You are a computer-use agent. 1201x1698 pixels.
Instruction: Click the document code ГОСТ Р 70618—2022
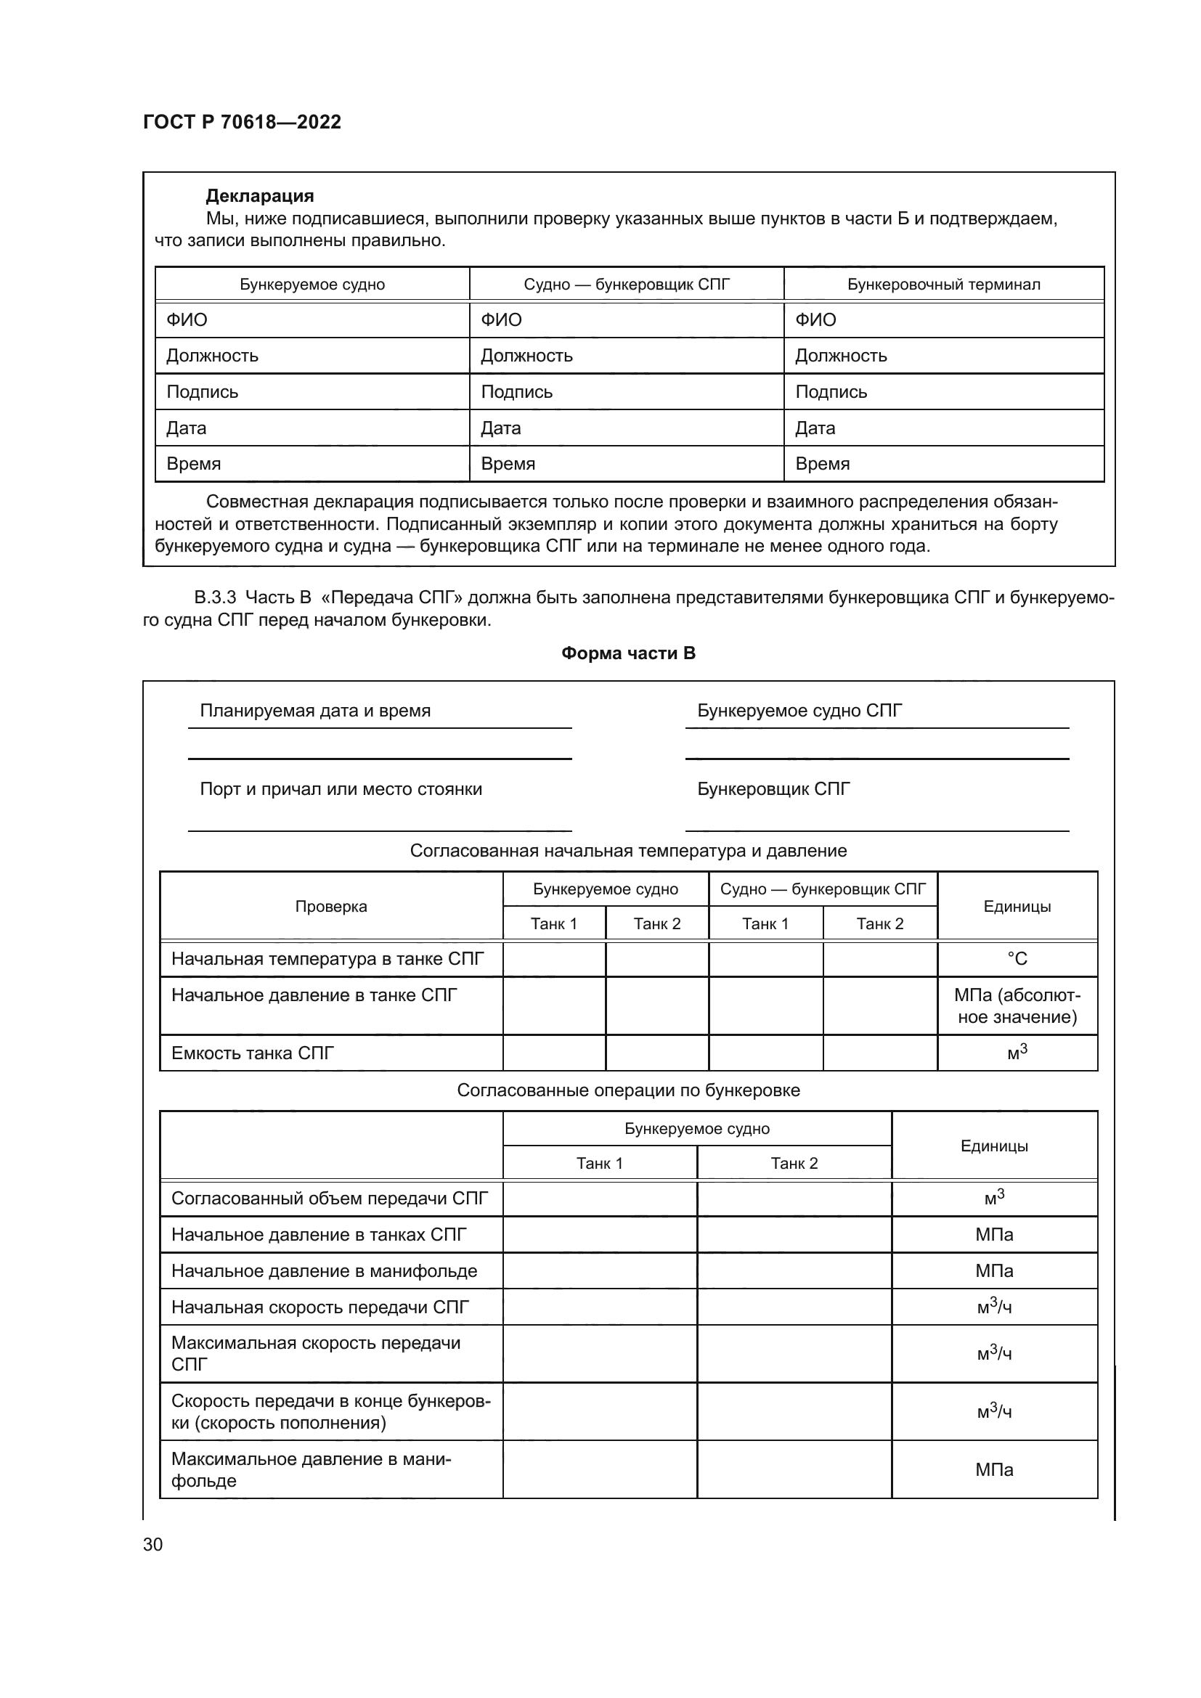(242, 122)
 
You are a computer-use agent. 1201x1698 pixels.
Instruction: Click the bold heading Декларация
(259, 196)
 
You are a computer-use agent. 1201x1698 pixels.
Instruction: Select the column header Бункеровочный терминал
(943, 285)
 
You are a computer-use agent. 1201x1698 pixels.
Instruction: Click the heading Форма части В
(628, 653)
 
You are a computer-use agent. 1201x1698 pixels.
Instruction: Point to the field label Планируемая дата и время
(315, 711)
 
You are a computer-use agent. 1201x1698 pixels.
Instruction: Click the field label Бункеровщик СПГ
(773, 789)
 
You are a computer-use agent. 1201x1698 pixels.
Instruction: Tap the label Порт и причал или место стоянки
(341, 789)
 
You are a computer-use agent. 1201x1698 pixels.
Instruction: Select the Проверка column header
(330, 907)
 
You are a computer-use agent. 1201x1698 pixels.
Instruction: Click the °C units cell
(1017, 959)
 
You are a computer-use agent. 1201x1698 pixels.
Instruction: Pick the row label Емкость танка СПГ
(252, 1053)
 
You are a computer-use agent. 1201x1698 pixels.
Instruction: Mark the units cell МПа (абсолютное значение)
(1017, 1005)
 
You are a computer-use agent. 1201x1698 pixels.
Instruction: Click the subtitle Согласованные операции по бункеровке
(628, 1090)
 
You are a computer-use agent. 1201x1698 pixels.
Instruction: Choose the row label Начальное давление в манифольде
(324, 1271)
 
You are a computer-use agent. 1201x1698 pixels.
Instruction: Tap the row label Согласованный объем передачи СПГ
(329, 1199)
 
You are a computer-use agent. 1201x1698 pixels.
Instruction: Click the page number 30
(153, 1544)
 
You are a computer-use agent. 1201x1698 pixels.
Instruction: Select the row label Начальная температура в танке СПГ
(327, 959)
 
